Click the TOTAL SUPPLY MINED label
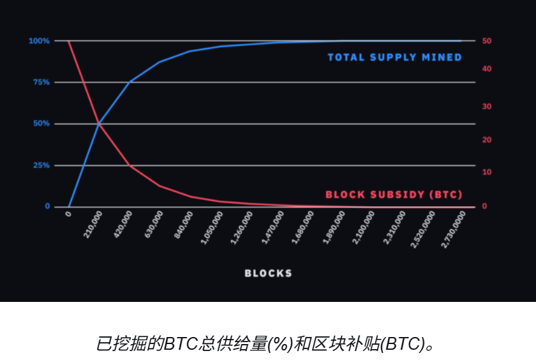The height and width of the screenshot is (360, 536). pyautogui.click(x=394, y=57)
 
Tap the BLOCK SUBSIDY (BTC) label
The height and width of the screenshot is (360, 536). pyautogui.click(x=394, y=195)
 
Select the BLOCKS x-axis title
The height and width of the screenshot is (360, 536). pyautogui.click(x=269, y=273)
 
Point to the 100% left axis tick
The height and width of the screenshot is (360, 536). pyautogui.click(x=39, y=41)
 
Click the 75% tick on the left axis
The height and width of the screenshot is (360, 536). pyautogui.click(x=41, y=82)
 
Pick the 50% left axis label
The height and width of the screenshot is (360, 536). pyautogui.click(x=41, y=124)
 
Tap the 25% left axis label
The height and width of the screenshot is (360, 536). pyautogui.click(x=41, y=165)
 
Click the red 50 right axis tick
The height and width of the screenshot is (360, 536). pyautogui.click(x=487, y=41)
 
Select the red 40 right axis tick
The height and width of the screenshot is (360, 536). pyautogui.click(x=487, y=69)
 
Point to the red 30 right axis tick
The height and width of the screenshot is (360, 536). pyautogui.click(x=487, y=107)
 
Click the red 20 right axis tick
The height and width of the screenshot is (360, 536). pyautogui.click(x=487, y=140)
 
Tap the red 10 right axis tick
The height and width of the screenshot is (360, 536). pyautogui.click(x=487, y=172)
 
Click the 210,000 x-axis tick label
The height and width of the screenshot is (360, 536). pyautogui.click(x=93, y=225)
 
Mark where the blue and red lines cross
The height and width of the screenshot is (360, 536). pyautogui.click(x=99, y=123)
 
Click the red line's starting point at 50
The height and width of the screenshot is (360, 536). pyautogui.click(x=68, y=41)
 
